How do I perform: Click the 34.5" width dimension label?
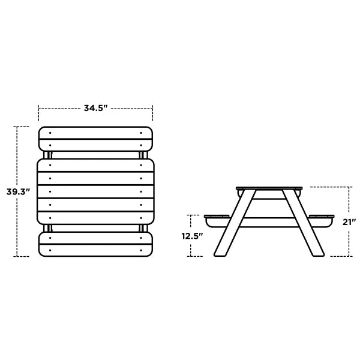tap(95, 109)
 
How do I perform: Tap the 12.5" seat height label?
tap(193, 236)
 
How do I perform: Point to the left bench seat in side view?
tap(218, 215)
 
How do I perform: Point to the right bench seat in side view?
tap(321, 215)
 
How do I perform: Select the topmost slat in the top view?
tap(95, 132)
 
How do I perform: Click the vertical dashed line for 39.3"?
tap(17, 156)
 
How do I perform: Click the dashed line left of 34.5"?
tap(60, 109)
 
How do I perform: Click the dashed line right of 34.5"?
tap(132, 109)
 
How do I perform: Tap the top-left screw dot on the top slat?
tap(50, 132)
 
